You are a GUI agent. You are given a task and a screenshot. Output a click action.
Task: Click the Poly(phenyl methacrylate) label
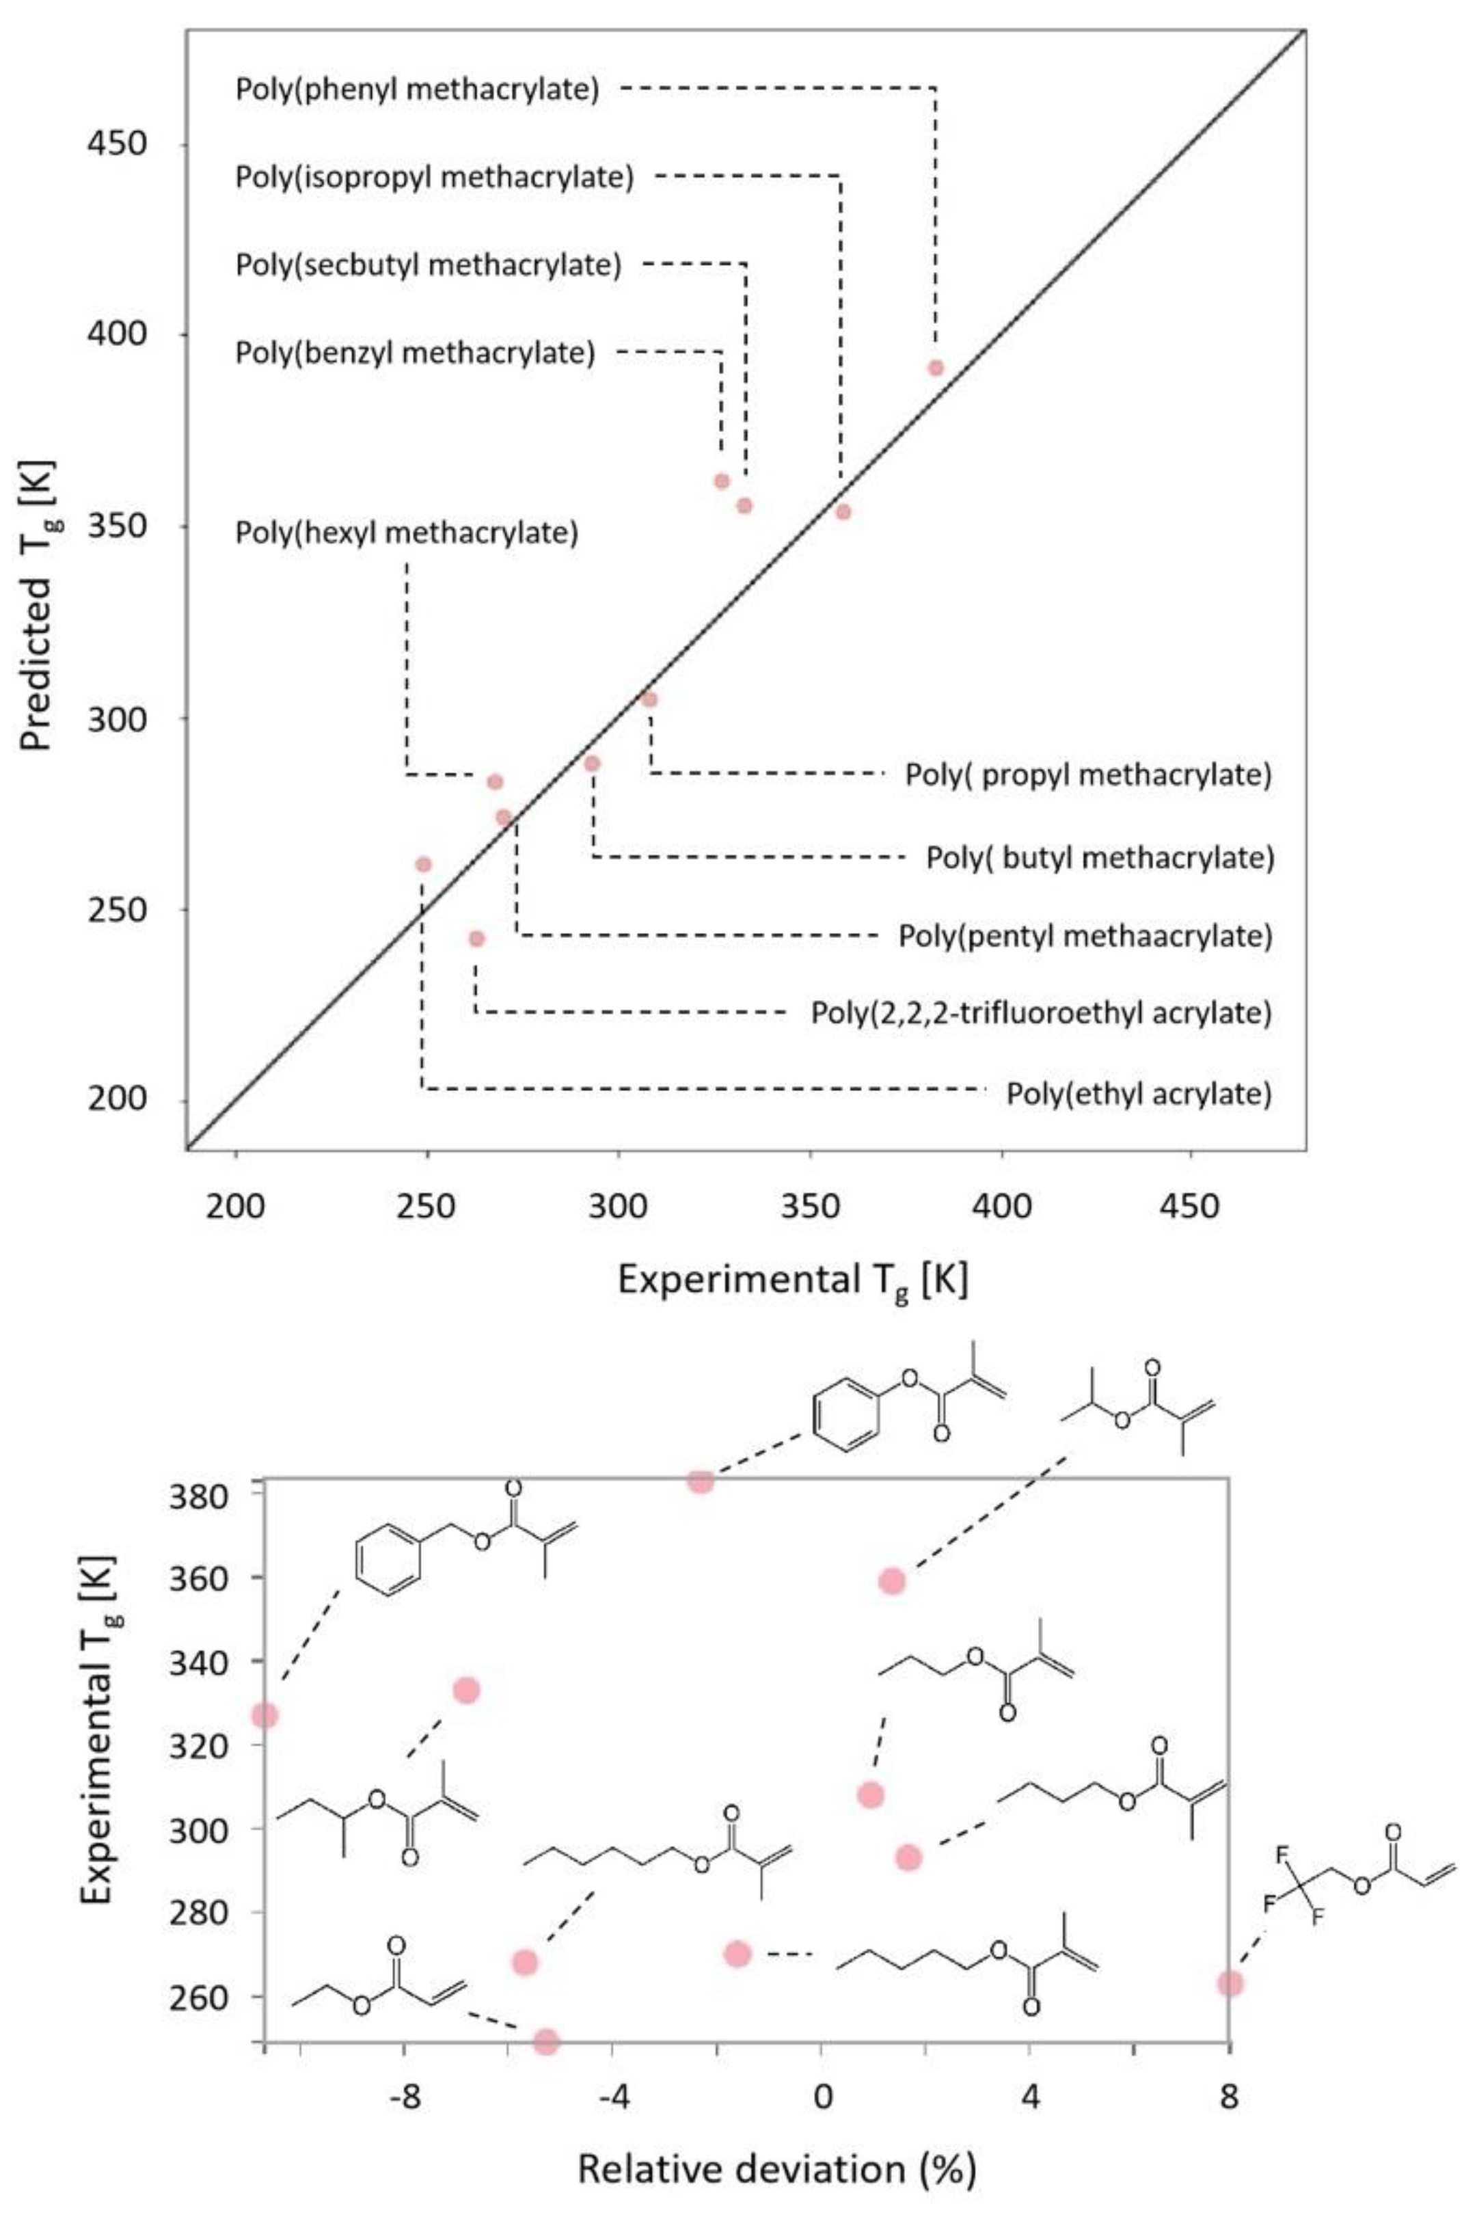pos(418,90)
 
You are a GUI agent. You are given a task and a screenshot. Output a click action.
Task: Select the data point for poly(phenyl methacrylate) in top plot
pos(936,367)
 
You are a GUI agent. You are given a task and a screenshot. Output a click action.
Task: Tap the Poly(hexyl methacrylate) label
pos(406,533)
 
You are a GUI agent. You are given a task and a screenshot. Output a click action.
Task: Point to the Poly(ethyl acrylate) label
pos(1139,1094)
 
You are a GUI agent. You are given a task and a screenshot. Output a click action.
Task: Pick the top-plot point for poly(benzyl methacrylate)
pos(722,481)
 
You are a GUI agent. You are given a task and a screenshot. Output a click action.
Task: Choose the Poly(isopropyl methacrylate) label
pos(434,177)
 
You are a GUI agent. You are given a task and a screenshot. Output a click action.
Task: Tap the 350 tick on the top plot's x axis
pos(810,1207)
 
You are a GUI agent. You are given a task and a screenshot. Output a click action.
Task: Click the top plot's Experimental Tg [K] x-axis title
pos(792,1282)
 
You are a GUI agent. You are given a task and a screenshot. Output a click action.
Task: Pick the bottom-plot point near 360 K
pos(891,1581)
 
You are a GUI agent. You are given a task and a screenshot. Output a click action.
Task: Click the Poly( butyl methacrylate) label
pos(1099,858)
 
